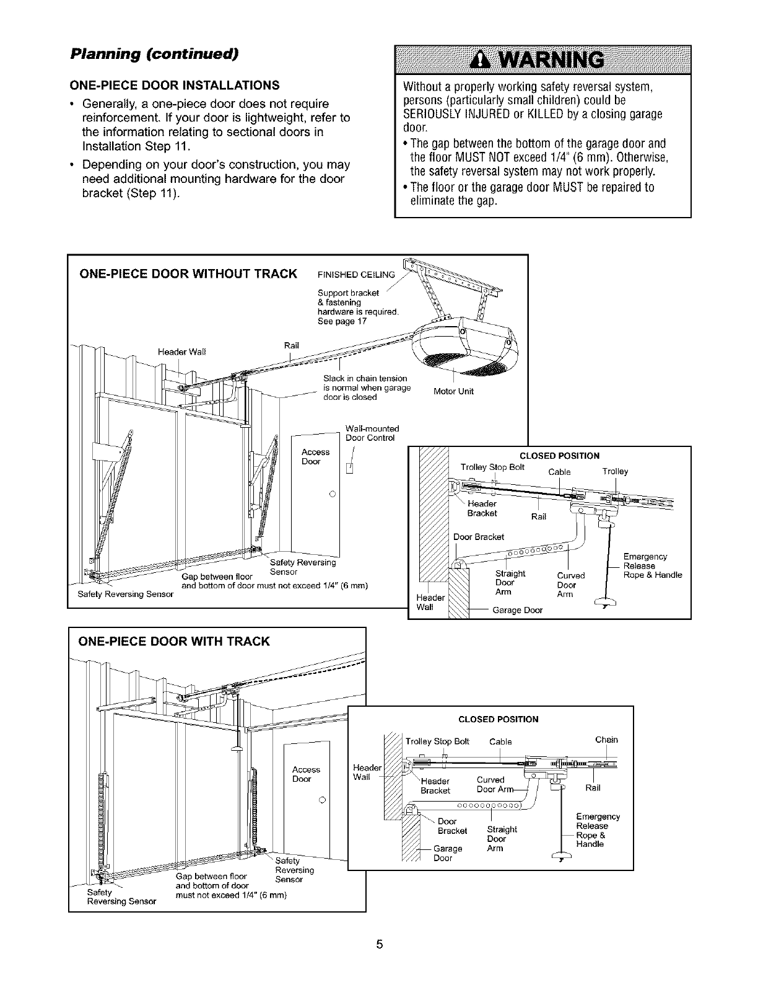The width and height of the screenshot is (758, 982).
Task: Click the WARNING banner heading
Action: [x=542, y=59]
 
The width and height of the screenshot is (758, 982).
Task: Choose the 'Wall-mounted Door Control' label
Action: [x=372, y=433]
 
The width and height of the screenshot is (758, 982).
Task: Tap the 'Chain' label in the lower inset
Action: [x=606, y=740]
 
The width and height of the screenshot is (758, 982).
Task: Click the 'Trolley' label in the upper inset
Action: [x=615, y=471]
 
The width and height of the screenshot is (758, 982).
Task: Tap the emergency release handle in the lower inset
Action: [x=561, y=859]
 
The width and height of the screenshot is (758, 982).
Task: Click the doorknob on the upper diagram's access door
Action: [x=332, y=493]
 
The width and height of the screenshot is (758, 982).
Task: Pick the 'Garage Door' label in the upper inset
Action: [x=517, y=610]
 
